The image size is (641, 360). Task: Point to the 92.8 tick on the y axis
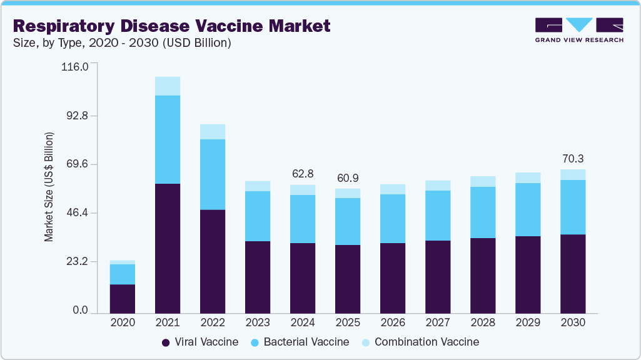pos(76,116)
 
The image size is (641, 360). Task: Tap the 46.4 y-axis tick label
pos(76,213)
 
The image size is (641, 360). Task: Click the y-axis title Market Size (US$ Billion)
pos(49,187)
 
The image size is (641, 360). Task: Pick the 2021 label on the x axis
pos(168,322)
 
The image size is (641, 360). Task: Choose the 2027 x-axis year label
pos(438,322)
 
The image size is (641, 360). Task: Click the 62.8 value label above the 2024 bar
pos(303,173)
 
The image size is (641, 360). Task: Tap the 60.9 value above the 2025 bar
pos(348,177)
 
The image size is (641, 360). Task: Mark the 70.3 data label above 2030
pos(573,158)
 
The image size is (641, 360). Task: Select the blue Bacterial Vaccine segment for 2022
pos(213,174)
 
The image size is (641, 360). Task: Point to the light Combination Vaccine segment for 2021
pos(168,86)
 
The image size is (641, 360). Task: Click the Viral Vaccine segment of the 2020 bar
pos(123,298)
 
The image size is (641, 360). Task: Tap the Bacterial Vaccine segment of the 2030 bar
pos(573,207)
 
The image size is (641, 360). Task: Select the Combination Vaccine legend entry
pos(420,342)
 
